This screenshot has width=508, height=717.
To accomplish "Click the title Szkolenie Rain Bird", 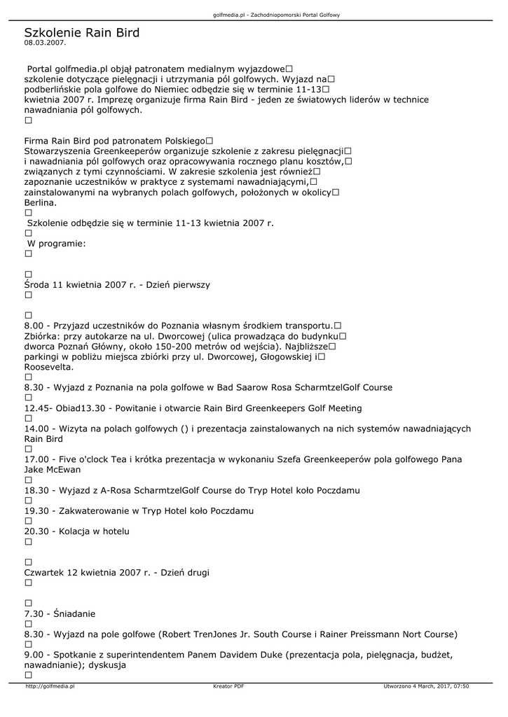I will point(81,32).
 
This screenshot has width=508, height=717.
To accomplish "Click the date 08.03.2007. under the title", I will point(45,43).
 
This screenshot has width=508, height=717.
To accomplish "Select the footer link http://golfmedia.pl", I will point(49,686).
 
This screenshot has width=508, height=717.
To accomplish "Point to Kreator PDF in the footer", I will point(228,686).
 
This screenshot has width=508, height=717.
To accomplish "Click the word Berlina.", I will point(41,202).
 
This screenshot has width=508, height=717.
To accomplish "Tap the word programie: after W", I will point(62,244).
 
